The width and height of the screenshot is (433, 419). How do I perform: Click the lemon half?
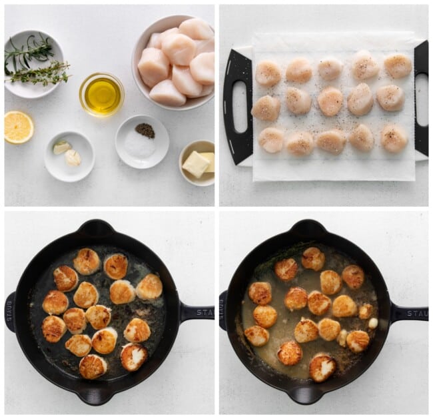point(18,127)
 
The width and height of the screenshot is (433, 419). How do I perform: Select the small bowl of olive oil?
point(102,94)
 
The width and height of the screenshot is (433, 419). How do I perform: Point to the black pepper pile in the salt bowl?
point(145,130)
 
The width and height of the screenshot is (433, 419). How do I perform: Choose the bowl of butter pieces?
point(197,162)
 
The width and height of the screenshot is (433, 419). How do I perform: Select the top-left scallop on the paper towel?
point(268,73)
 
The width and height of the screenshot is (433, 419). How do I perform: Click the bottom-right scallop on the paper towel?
point(394,138)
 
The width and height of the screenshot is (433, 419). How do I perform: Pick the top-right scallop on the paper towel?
point(398,65)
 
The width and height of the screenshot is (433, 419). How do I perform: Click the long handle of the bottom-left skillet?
point(196,312)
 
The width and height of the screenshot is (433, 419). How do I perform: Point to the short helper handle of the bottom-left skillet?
point(10,312)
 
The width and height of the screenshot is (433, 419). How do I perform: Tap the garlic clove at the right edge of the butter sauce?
point(373,323)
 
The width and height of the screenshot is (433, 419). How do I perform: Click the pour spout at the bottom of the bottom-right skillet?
point(306,395)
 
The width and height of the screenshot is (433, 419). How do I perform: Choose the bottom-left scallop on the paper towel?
point(271,140)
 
